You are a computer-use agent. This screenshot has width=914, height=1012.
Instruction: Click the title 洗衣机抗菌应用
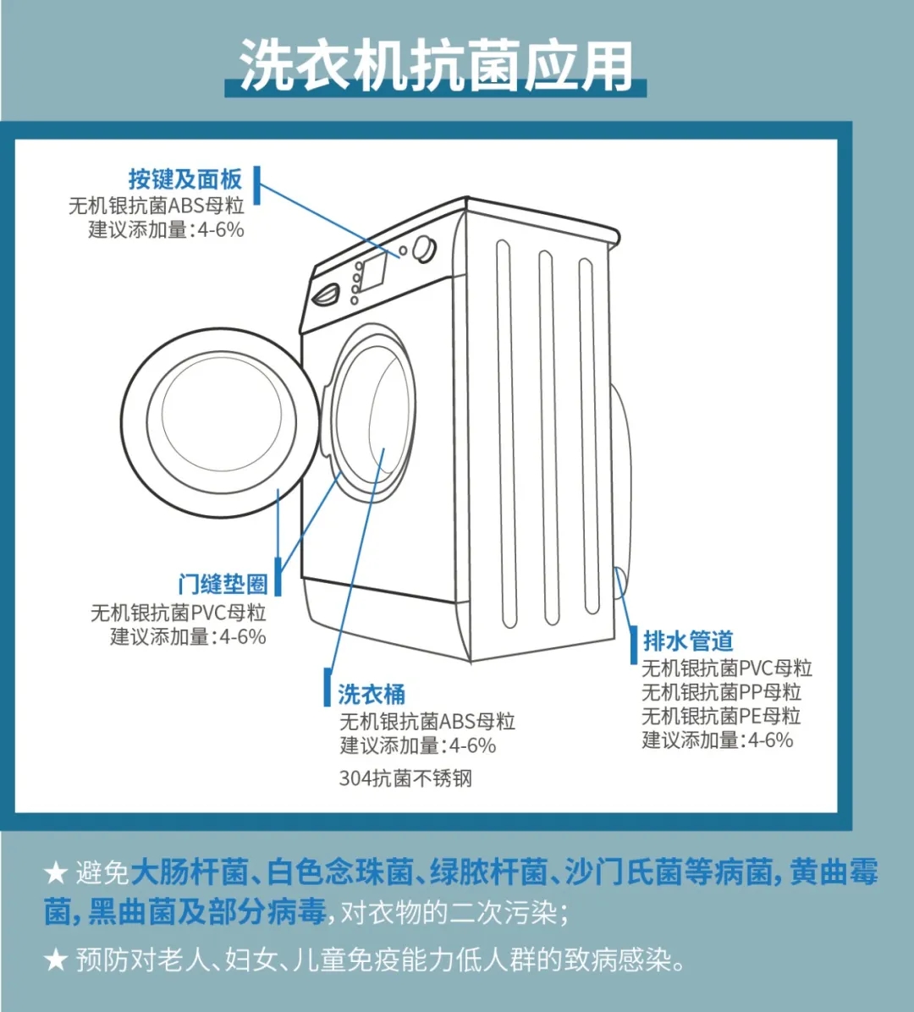point(436,65)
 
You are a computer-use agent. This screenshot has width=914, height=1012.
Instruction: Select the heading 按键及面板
point(185,179)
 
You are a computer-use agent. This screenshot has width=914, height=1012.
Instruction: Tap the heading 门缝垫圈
point(223,584)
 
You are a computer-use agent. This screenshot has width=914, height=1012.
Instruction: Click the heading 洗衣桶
point(372,694)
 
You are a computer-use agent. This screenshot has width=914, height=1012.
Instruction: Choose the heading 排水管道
point(688,641)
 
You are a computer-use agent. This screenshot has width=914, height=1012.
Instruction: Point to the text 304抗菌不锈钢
point(405,778)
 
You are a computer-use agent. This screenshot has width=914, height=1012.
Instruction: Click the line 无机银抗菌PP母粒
point(721,692)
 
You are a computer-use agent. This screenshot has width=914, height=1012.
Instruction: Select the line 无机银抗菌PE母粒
point(721,716)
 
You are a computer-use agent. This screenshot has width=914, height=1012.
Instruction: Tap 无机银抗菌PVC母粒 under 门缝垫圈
point(179,612)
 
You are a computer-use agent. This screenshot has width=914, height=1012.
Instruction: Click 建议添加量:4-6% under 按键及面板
point(167,229)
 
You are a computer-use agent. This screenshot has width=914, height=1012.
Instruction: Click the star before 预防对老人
point(56,960)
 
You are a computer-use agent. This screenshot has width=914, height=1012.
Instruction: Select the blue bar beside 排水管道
point(633,646)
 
